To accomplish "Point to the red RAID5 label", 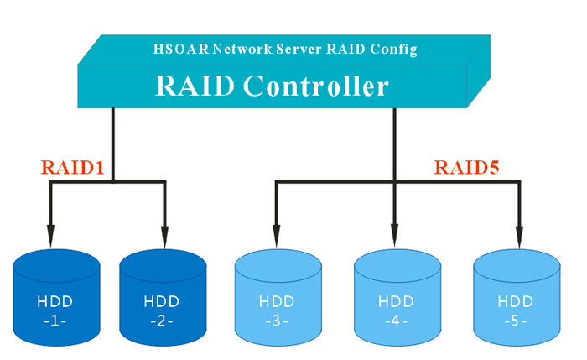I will click(x=466, y=167).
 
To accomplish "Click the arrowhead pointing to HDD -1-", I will click(x=51, y=237).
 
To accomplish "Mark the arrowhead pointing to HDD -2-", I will click(x=164, y=237).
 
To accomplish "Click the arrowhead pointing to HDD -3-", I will click(x=275, y=237).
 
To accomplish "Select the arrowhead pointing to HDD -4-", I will click(x=394, y=237).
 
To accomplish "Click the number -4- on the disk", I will click(x=396, y=321).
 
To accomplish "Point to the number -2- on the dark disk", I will click(x=162, y=321).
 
